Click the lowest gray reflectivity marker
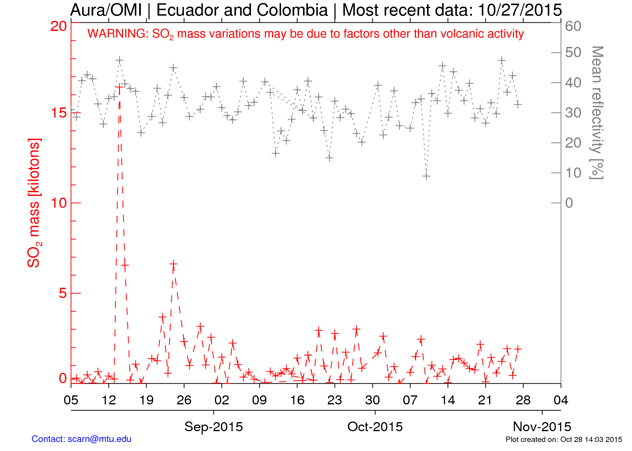[x=426, y=176]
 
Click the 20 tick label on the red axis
[x=59, y=26]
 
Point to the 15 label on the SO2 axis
[x=59, y=113]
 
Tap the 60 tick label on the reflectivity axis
[x=573, y=26]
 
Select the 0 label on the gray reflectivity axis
[x=569, y=203]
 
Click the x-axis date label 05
[x=71, y=400]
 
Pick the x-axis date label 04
[x=561, y=400]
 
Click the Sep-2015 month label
[x=214, y=427]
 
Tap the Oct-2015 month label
[x=375, y=427]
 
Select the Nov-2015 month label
[x=542, y=427]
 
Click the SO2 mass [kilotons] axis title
[x=34, y=203]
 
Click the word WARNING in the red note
[x=118, y=34]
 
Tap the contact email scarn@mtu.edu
[x=100, y=439]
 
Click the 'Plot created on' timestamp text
[x=564, y=440]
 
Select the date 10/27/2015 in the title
[x=519, y=10]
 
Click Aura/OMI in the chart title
[x=106, y=10]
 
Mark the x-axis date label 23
[x=335, y=400]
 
